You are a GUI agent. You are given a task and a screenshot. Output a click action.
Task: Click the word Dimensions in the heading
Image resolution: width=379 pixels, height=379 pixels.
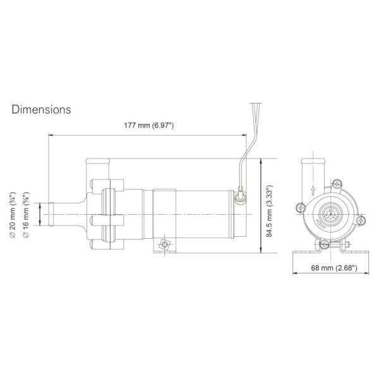pyautogui.click(x=41, y=109)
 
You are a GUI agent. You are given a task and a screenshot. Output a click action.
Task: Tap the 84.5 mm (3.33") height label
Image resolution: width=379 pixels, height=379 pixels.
pyautogui.click(x=268, y=212)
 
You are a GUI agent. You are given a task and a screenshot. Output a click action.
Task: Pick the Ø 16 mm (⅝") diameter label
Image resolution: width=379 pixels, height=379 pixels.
pyautogui.click(x=27, y=212)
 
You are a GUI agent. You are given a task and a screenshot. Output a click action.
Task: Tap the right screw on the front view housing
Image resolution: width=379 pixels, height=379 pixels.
pyautogui.click(x=363, y=220)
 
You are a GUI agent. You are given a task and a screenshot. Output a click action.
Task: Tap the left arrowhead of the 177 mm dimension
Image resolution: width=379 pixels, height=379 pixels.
pyautogui.click(x=52, y=135)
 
